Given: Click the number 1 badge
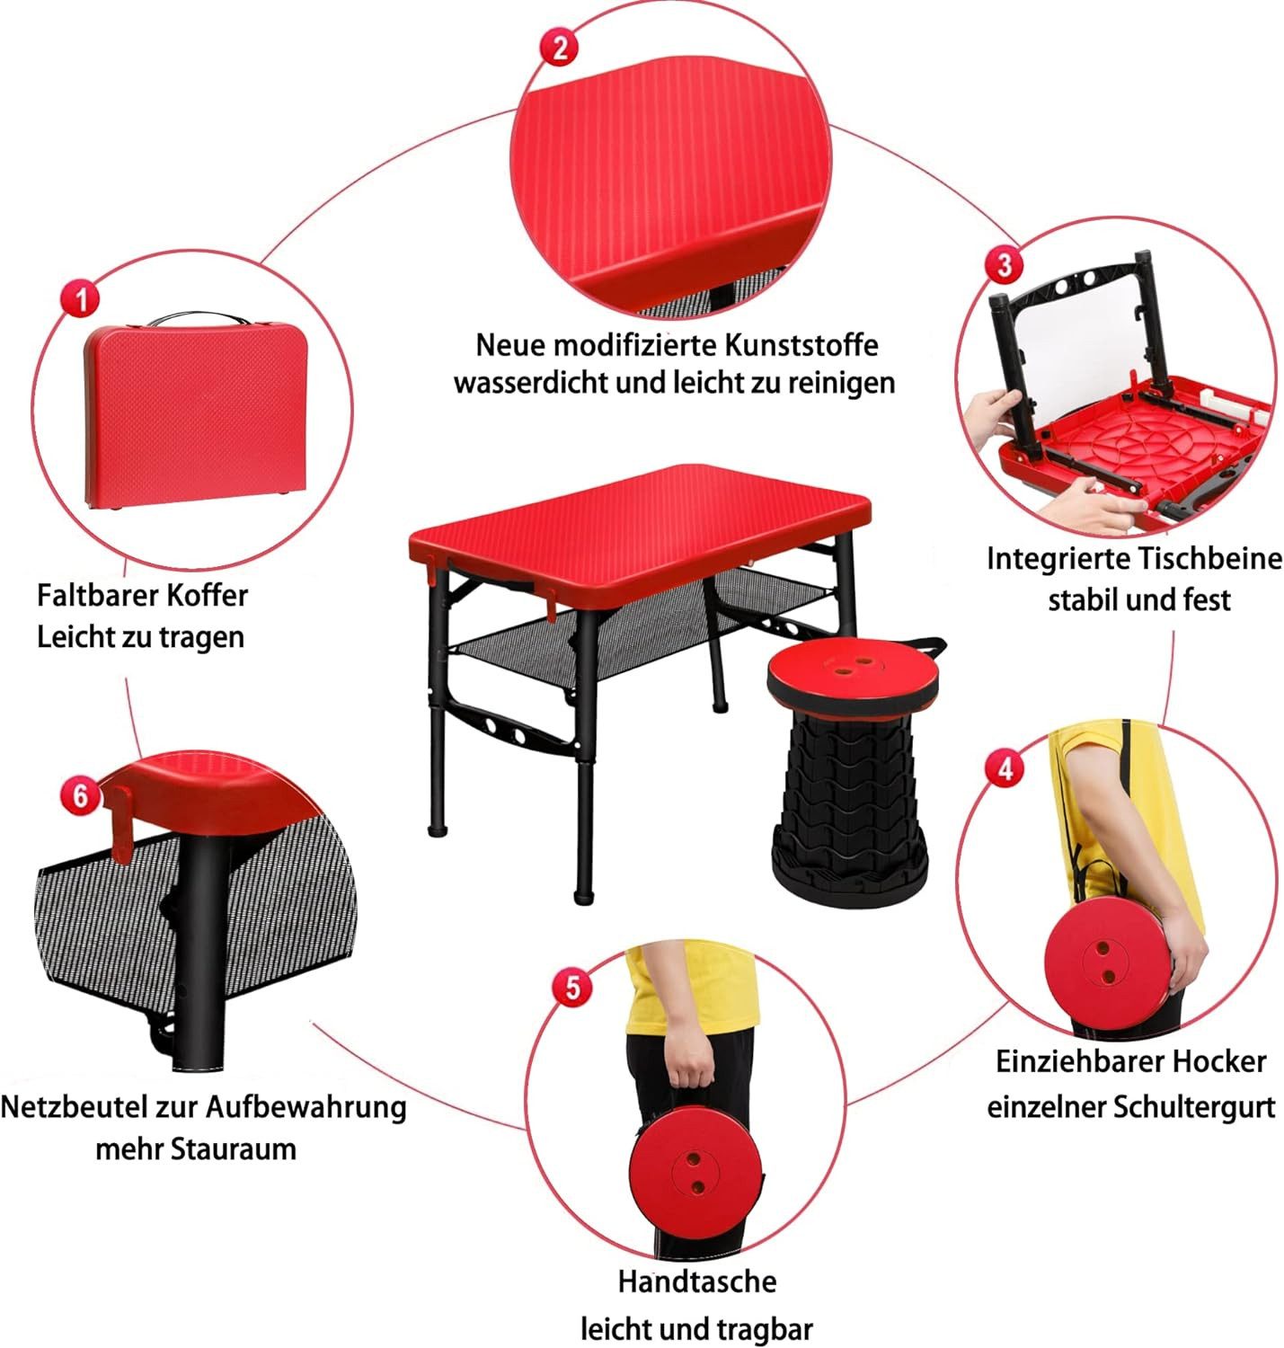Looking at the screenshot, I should pyautogui.click(x=81, y=298).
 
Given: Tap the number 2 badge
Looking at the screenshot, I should pyautogui.click(x=560, y=48).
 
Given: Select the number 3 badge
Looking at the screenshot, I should pyautogui.click(x=1004, y=264).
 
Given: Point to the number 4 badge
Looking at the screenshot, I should pyautogui.click(x=1005, y=768).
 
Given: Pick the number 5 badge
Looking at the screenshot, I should pyautogui.click(x=572, y=988).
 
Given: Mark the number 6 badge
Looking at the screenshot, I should pyautogui.click(x=81, y=795).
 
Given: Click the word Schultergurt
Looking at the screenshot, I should pyautogui.click(x=1194, y=1106).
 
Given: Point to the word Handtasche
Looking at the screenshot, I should pyautogui.click(x=696, y=1281).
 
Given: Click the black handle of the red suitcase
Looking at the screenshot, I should pyautogui.click(x=198, y=318).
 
